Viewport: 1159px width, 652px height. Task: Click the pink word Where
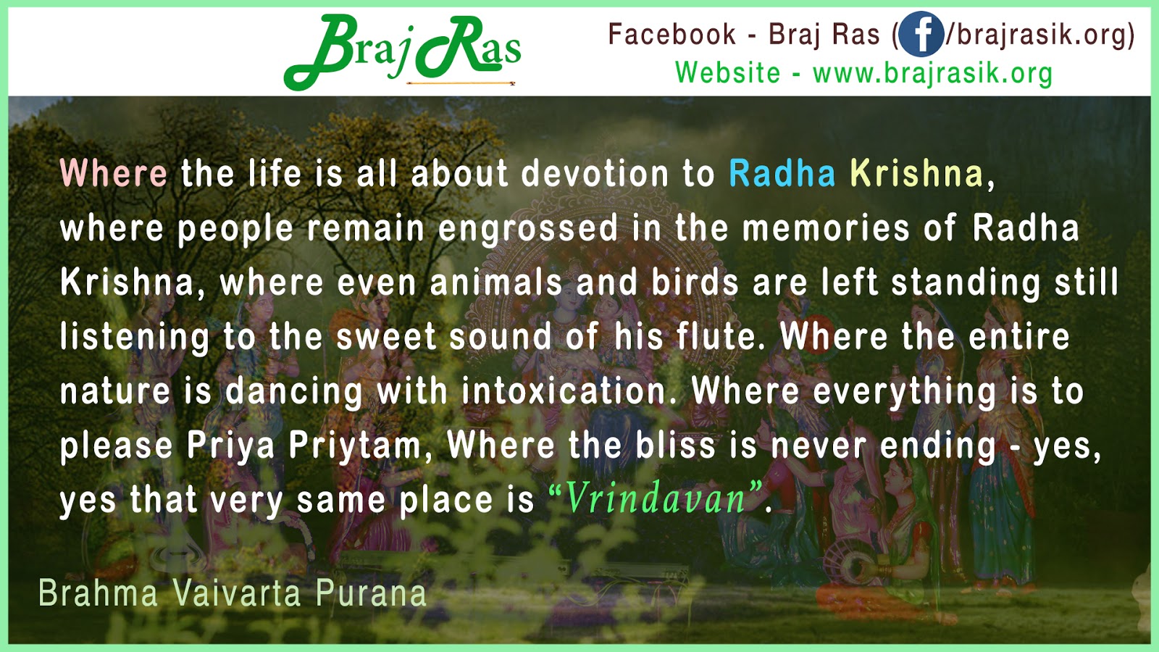tap(114, 174)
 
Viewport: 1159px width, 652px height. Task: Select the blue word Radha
tap(782, 174)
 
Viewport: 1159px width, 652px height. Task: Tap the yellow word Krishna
tap(917, 174)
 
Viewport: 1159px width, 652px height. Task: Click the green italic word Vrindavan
tap(655, 498)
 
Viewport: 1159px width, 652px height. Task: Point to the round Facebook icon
tap(921, 35)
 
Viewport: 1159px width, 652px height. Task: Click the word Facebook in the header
tap(671, 35)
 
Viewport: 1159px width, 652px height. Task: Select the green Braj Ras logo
tap(402, 51)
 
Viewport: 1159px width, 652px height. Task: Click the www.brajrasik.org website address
tap(932, 73)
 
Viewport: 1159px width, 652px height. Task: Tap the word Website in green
tap(727, 73)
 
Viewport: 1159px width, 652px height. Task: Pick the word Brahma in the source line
tap(98, 593)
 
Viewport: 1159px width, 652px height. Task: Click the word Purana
tap(371, 593)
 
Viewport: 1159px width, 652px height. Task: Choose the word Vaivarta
tap(237, 593)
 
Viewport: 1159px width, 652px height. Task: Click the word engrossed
tap(528, 229)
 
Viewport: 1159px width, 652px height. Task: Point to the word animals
tap(496, 283)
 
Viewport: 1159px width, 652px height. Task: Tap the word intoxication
tap(564, 391)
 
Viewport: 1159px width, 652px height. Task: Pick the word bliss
tap(675, 446)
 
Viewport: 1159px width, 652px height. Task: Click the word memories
tap(826, 229)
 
